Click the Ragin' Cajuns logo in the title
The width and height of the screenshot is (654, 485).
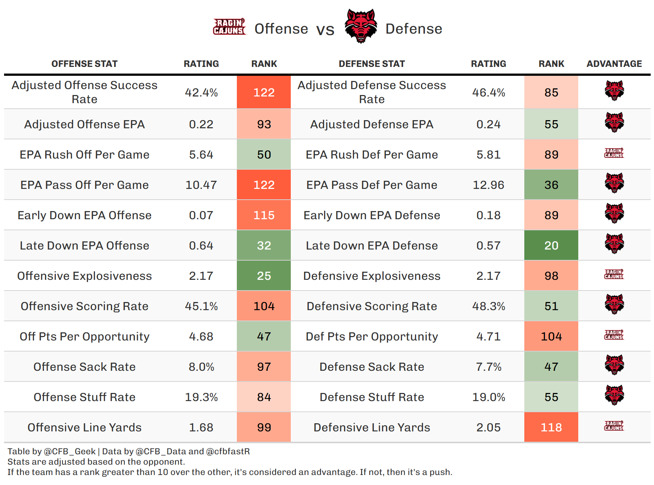click(229, 27)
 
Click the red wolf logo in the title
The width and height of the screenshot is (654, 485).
click(361, 26)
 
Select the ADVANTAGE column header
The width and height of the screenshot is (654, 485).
click(614, 64)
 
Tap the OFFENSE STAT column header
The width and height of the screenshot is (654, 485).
click(84, 64)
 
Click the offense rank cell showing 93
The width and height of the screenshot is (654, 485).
click(264, 124)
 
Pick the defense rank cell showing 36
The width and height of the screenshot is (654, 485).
click(551, 185)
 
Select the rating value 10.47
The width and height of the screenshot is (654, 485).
click(201, 185)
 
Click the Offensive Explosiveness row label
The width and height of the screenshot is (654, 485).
click(84, 276)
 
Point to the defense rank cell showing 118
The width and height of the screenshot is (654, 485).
click(551, 427)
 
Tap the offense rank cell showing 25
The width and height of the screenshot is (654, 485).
click(264, 276)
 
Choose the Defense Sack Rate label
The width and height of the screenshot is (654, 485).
click(372, 367)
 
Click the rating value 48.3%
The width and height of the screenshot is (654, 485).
click(488, 306)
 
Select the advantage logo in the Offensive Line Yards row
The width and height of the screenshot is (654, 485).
click(614, 426)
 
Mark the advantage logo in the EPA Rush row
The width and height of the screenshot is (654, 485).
click(614, 153)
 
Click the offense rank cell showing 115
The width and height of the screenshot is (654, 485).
click(264, 215)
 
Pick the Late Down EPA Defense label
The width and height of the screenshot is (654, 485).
click(372, 245)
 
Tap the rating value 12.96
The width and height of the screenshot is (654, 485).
click(488, 185)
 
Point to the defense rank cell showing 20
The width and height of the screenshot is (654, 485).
click(551, 245)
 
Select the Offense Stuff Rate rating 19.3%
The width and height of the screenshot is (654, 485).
click(201, 397)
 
